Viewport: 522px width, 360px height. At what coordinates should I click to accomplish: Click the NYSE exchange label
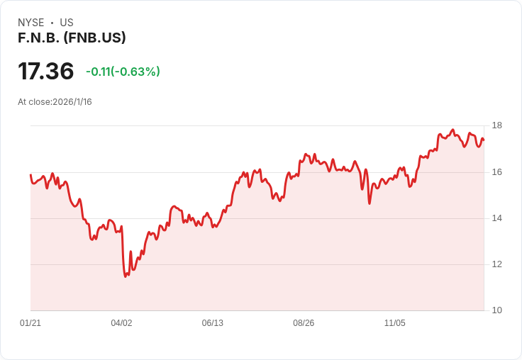pyautogui.click(x=31, y=23)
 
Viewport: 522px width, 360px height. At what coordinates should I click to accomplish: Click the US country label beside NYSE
pyautogui.click(x=67, y=23)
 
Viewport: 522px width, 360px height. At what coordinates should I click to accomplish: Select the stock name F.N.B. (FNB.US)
pyautogui.click(x=72, y=38)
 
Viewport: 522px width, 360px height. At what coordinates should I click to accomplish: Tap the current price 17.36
pyautogui.click(x=46, y=71)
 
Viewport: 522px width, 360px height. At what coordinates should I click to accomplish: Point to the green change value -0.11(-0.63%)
pyautogui.click(x=123, y=72)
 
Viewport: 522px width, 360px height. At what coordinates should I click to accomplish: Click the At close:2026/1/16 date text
pyautogui.click(x=55, y=102)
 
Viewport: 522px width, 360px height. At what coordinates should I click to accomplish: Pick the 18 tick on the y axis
pyautogui.click(x=497, y=125)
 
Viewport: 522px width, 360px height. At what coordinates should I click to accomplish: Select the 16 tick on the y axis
pyautogui.click(x=497, y=172)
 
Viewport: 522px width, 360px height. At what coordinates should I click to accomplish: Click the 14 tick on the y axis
pyautogui.click(x=497, y=218)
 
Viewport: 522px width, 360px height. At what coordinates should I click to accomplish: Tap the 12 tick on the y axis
pyautogui.click(x=497, y=264)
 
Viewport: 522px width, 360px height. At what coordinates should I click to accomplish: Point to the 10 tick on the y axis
pyautogui.click(x=497, y=310)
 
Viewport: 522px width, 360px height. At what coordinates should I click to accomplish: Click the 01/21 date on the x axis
pyautogui.click(x=30, y=323)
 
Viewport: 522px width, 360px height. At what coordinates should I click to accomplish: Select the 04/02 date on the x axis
pyautogui.click(x=121, y=323)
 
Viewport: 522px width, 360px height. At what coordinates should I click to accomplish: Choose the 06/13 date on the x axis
pyautogui.click(x=213, y=323)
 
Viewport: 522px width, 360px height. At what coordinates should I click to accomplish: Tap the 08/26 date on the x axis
pyautogui.click(x=304, y=323)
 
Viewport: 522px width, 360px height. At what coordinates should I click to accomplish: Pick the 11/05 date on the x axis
pyautogui.click(x=395, y=323)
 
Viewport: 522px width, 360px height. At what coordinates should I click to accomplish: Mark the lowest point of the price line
pyautogui.click(x=126, y=276)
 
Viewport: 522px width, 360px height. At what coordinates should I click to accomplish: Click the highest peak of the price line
pyautogui.click(x=452, y=130)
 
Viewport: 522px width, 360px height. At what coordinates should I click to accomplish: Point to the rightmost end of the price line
pyautogui.click(x=484, y=140)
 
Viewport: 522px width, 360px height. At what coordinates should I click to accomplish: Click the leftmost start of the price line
pyautogui.click(x=30, y=174)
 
